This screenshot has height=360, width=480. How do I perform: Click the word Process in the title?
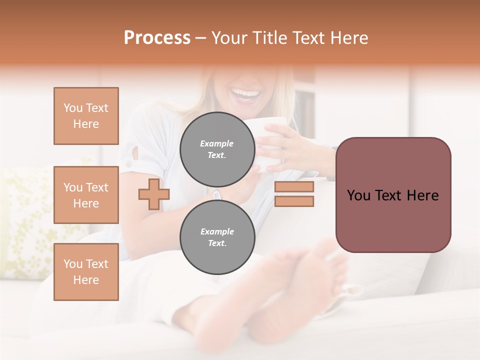point(157,38)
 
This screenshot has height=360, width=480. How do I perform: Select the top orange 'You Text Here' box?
point(86,116)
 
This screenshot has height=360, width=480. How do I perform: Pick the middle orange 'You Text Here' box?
point(86,195)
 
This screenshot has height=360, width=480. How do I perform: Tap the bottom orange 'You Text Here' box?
point(86,271)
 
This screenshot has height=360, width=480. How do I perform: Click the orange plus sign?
point(154,194)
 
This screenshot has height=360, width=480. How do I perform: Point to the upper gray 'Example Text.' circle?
point(217,149)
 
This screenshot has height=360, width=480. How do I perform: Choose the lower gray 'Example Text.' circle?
point(217,237)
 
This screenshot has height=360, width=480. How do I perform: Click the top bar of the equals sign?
point(294,186)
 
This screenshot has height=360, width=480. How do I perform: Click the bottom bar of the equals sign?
point(294,201)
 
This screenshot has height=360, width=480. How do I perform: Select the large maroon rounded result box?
point(393,195)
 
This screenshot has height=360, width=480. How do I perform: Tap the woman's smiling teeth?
point(246,93)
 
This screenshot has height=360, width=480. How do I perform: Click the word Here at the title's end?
point(349,38)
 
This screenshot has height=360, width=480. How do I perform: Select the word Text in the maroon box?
point(393,195)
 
